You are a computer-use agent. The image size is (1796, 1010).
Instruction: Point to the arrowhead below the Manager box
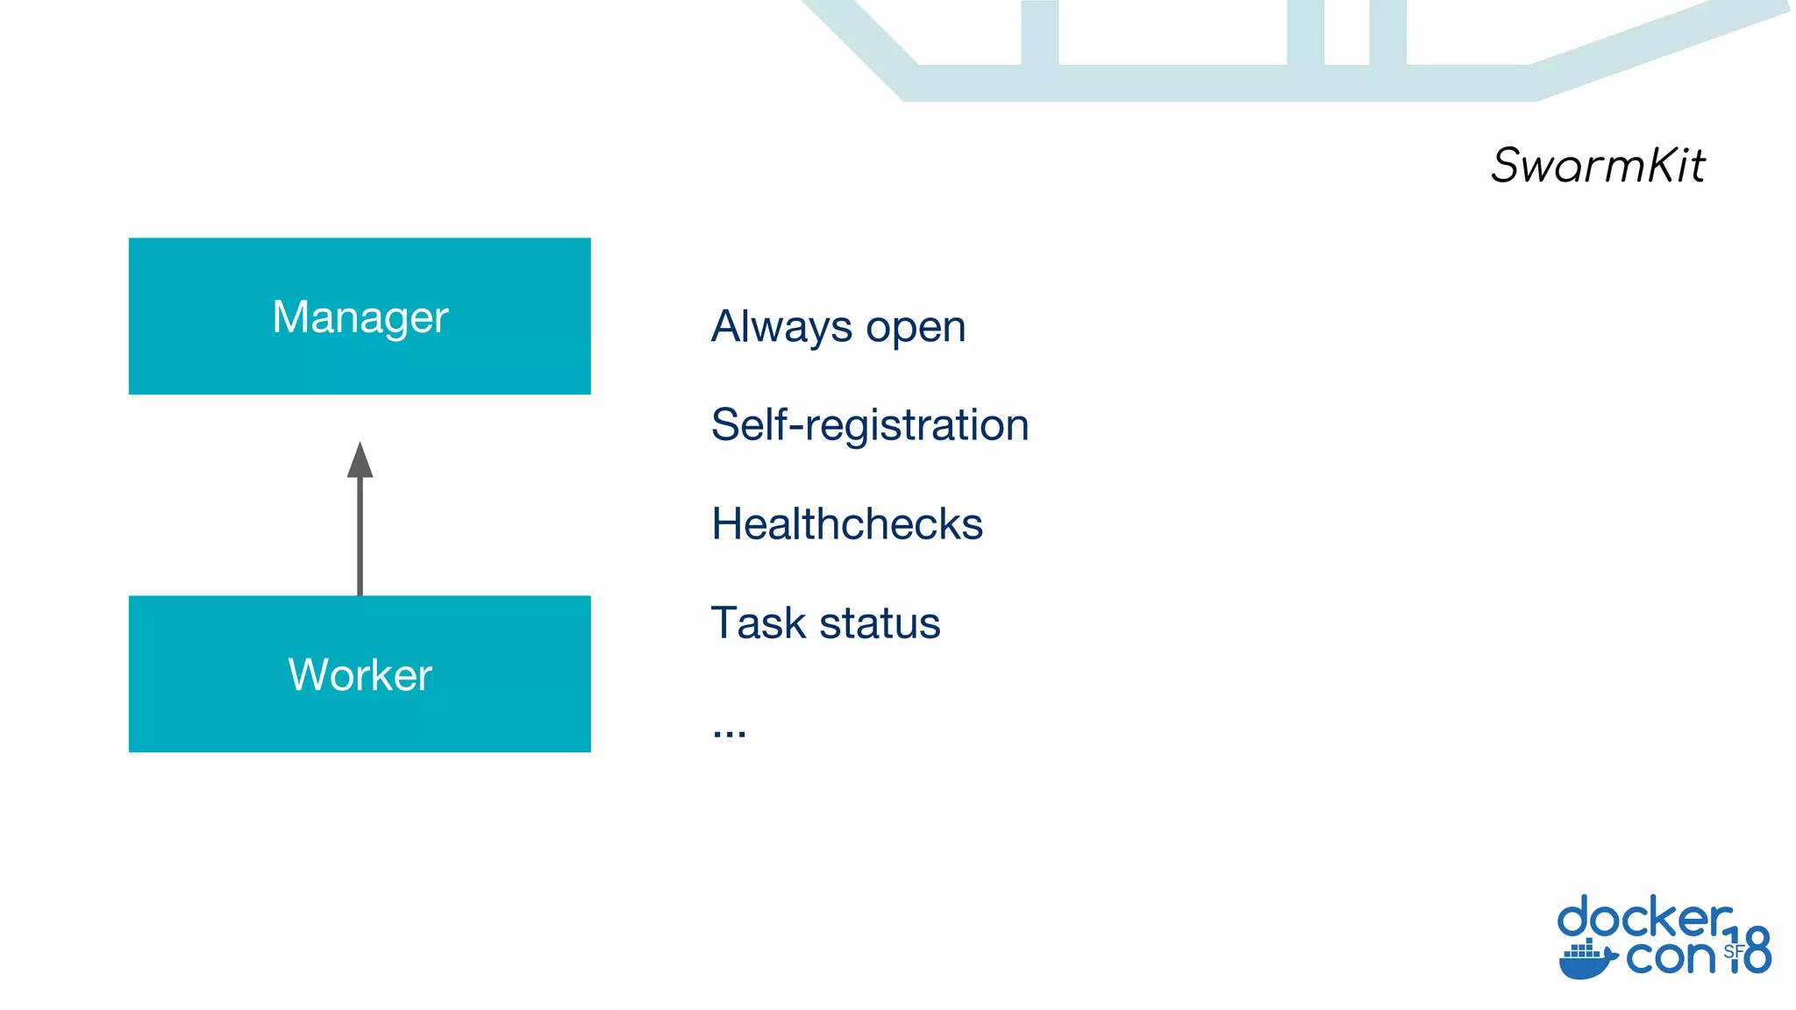coord(360,461)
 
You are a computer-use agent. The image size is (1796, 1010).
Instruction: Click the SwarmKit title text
coord(1598,165)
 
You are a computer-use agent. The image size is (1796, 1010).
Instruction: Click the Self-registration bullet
coord(869,425)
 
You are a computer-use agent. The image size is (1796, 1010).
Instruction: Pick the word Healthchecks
coord(846,524)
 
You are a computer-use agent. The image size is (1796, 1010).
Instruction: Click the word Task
coord(759,623)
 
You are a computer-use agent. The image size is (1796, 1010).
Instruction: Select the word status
coord(880,623)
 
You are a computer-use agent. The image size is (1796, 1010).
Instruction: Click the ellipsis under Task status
coord(729,732)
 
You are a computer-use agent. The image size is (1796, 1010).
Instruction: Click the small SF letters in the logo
coord(1734,951)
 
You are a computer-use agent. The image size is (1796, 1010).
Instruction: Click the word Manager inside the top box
coord(360,317)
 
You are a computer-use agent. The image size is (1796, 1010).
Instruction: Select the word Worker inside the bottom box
coord(360,675)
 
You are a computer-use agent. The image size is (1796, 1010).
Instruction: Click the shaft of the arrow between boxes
coord(360,537)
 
